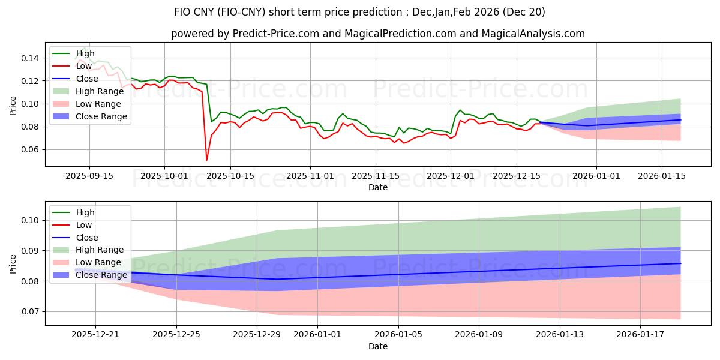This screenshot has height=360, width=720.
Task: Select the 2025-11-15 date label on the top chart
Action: coord(376,175)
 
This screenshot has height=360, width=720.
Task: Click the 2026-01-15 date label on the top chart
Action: coord(662,175)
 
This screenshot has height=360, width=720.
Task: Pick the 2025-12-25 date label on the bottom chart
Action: coord(176,334)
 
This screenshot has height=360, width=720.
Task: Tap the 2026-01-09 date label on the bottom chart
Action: coord(479,334)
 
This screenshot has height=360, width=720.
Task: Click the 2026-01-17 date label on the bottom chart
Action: coord(640,334)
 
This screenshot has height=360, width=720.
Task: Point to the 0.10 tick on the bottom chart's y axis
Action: coord(31,220)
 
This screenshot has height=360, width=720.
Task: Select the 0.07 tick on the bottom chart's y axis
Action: coord(31,311)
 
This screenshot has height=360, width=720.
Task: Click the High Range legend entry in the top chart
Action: coord(100,91)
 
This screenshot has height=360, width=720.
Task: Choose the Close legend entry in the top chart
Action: coord(87,79)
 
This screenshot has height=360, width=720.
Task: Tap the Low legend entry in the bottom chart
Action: coord(85,225)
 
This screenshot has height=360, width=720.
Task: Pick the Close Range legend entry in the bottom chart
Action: coord(101,275)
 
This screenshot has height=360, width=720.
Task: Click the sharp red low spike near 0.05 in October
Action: coord(207,160)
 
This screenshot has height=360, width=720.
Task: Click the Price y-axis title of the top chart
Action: coord(13,105)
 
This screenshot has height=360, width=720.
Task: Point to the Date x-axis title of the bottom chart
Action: coord(378,346)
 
